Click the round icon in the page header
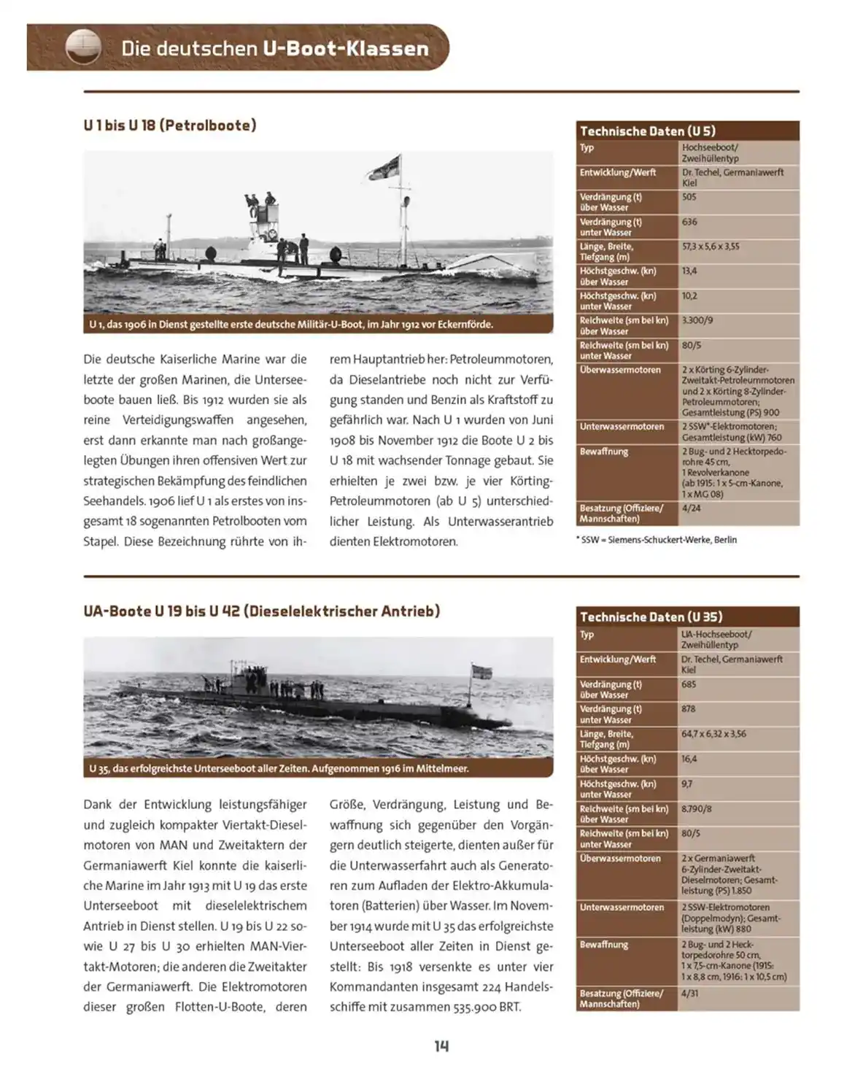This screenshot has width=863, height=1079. click(x=82, y=47)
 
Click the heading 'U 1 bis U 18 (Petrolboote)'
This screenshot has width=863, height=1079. click(x=169, y=125)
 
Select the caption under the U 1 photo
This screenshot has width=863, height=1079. click(x=291, y=325)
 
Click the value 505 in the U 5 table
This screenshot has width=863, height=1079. click(x=689, y=197)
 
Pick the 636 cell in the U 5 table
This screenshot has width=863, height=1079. click(x=689, y=222)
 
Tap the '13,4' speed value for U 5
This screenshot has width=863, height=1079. click(x=689, y=271)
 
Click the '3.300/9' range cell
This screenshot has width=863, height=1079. click(x=697, y=320)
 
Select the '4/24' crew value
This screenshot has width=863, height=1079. click(x=690, y=508)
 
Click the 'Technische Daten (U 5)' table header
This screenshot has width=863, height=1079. click(x=647, y=131)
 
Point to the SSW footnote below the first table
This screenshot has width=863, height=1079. click(x=657, y=540)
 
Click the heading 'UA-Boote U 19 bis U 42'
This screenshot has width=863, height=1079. click(x=261, y=611)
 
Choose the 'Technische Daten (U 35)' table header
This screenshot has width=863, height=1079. click(x=651, y=617)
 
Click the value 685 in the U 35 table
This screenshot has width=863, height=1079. click(x=689, y=684)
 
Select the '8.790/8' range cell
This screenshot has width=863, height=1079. click(x=697, y=808)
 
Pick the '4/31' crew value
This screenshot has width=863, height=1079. click(x=689, y=993)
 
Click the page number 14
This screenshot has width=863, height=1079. click(x=441, y=1046)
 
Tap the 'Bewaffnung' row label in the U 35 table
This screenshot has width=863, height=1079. click(x=603, y=944)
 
